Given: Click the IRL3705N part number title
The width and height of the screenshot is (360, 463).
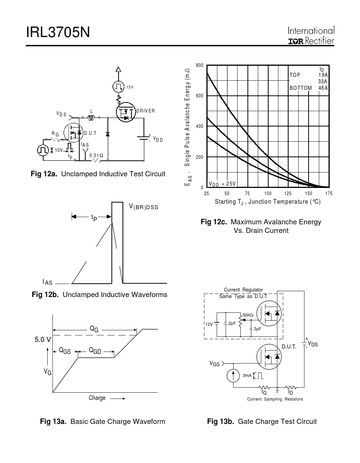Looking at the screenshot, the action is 58,32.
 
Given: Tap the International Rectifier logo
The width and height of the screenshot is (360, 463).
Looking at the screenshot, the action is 311,35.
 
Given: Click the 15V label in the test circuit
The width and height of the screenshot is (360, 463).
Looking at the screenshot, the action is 130,87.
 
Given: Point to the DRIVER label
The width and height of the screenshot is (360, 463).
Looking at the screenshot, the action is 145,111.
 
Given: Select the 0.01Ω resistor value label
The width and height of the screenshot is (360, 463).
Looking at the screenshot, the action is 96,155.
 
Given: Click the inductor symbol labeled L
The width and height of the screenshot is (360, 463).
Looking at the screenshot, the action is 91,118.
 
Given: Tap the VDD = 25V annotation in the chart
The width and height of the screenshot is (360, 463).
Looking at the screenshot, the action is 222,184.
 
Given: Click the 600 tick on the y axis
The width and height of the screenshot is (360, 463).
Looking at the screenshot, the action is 200,96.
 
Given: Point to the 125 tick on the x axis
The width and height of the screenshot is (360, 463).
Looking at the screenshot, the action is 288,193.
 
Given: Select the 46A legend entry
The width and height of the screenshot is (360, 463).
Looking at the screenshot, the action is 323,88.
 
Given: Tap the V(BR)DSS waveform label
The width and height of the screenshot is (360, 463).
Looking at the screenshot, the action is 144,207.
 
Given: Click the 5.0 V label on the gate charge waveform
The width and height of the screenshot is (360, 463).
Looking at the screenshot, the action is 43,340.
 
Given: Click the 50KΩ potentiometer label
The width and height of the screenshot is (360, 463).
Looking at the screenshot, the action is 248,315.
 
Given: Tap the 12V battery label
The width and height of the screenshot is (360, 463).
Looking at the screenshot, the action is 209,324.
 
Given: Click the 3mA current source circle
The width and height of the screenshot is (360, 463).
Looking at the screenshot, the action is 233,376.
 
